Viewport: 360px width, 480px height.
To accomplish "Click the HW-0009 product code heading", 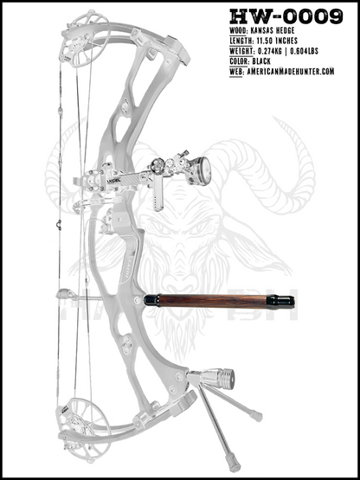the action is [x=286, y=16].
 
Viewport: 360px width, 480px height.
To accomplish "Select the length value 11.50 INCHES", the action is [x=275, y=41].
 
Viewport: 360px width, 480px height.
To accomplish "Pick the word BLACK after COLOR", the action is [x=261, y=61].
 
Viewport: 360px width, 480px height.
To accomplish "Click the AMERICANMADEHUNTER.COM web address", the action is [x=290, y=72].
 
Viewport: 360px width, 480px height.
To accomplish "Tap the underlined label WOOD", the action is [x=236, y=30].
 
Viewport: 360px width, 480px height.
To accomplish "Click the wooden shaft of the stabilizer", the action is [x=213, y=301].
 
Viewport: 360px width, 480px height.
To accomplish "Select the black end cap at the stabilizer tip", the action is [x=280, y=302].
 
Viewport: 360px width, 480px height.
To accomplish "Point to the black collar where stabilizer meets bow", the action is [x=151, y=301].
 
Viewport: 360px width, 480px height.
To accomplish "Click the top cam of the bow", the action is [x=83, y=40].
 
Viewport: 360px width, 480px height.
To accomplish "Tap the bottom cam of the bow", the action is [x=82, y=429].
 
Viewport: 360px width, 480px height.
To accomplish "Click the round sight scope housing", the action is [x=201, y=170].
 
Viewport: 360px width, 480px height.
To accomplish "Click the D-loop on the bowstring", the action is [x=59, y=224].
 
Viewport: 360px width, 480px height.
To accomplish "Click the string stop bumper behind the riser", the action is [x=65, y=294].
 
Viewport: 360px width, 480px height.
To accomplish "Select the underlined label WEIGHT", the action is [x=241, y=51].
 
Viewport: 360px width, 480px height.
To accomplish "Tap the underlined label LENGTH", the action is [x=241, y=41].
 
